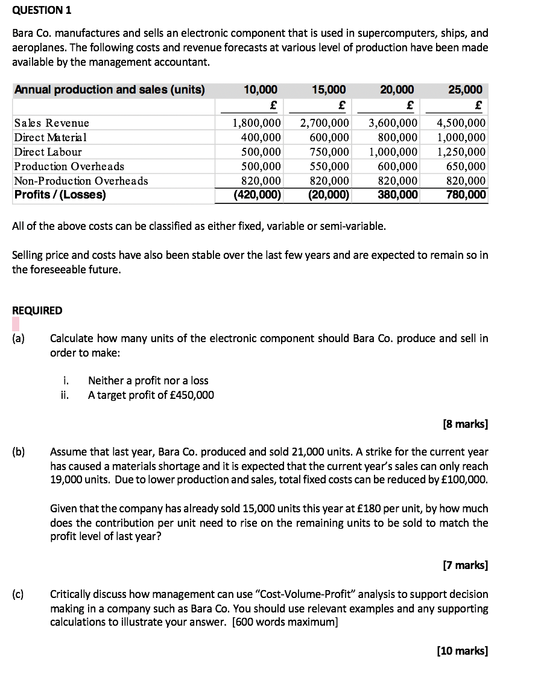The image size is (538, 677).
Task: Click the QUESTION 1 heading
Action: pyautogui.click(x=38, y=10)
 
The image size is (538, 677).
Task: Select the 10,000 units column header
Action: pyautogui.click(x=261, y=90)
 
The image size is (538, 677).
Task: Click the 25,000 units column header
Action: pyautogui.click(x=466, y=90)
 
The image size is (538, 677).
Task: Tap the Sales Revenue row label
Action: pyautogui.click(x=52, y=123)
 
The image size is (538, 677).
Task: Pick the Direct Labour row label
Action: pyautogui.click(x=48, y=152)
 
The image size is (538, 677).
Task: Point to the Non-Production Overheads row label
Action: pyautogui.click(x=81, y=181)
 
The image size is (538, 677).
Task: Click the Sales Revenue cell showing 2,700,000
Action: pyautogui.click(x=325, y=123)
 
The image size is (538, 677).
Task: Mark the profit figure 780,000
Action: pyautogui.click(x=466, y=195)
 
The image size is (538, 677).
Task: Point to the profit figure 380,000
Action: pyautogui.click(x=397, y=195)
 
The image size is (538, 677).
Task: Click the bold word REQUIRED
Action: pyautogui.click(x=37, y=311)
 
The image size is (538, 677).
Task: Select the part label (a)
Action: pyautogui.click(x=19, y=338)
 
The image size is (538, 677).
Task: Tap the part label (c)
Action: pyautogui.click(x=19, y=594)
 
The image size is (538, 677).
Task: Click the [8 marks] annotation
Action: pyautogui.click(x=465, y=424)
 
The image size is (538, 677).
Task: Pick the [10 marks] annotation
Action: pyautogui.click(x=462, y=650)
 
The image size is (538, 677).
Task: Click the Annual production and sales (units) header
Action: pyautogui.click(x=109, y=90)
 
